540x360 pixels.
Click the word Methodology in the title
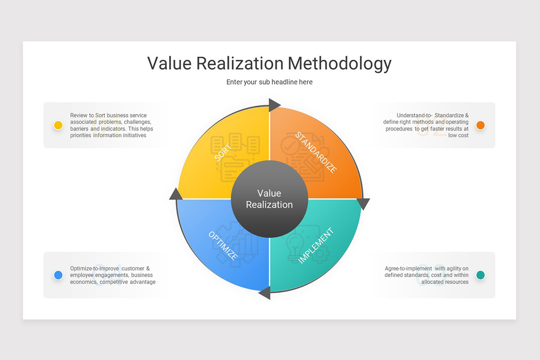(339, 63)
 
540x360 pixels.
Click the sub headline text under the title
(269, 82)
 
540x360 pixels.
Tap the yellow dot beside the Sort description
(58, 125)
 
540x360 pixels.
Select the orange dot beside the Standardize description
(481, 125)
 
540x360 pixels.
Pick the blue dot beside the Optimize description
(58, 275)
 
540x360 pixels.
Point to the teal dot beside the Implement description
(481, 275)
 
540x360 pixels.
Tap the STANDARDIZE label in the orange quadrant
(315, 153)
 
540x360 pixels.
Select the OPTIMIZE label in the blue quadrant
(223, 246)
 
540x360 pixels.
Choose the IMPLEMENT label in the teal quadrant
(316, 246)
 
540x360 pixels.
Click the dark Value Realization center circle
(269, 199)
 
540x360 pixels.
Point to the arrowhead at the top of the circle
(274, 105)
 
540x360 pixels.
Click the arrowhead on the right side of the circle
(363, 204)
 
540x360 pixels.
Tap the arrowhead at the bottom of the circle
(265, 293)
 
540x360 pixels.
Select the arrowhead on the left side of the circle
(175, 193)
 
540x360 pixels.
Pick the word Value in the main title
(169, 63)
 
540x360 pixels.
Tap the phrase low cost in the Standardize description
(458, 135)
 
